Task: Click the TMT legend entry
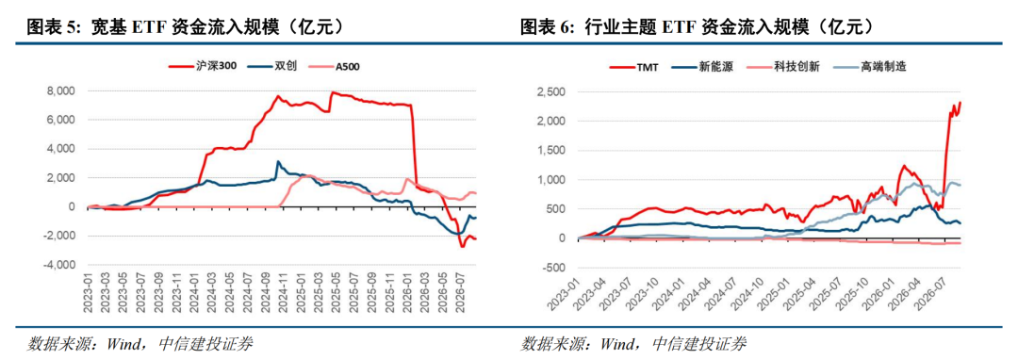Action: pyautogui.click(x=633, y=66)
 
